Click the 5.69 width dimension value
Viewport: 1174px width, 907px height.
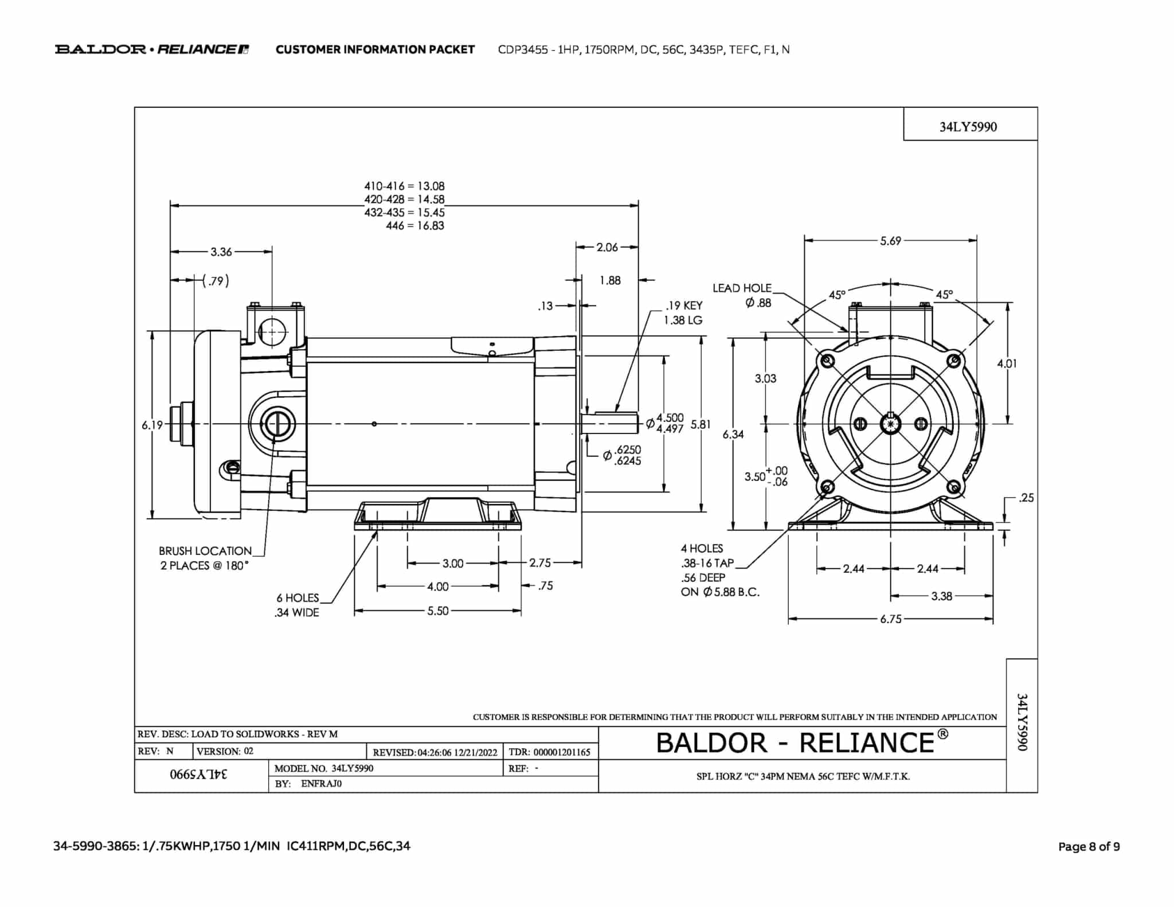click(890, 241)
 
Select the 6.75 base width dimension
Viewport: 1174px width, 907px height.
click(891, 619)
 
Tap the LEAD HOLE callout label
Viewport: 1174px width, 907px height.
click(742, 288)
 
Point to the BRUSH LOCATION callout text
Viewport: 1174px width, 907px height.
click(205, 552)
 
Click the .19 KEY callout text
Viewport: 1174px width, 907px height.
click(683, 306)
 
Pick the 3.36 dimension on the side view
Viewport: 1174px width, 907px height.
click(221, 252)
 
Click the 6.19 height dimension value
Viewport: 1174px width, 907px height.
click(152, 425)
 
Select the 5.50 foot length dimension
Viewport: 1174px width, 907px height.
click(437, 611)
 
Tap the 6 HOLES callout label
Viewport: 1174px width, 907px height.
click(297, 598)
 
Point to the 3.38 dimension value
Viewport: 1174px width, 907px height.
click(941, 596)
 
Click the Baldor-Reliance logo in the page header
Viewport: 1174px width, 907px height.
click(151, 49)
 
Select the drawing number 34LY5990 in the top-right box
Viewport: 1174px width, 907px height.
click(968, 127)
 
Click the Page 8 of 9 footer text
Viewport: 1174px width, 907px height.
click(1089, 847)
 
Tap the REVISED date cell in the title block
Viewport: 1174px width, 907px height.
click(435, 752)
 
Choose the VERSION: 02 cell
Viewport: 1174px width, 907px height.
click(225, 752)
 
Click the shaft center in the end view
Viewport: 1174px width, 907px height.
click(890, 424)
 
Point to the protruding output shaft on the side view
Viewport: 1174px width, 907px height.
click(611, 424)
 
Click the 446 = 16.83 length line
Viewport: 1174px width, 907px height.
click(414, 226)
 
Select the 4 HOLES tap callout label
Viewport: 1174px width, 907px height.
click(702, 549)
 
